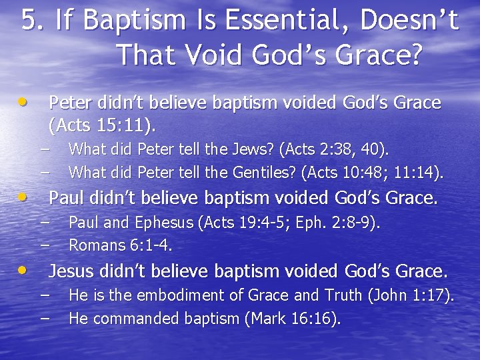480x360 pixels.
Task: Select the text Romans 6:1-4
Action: coord(121,245)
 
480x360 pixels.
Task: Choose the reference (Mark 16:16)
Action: coord(293,319)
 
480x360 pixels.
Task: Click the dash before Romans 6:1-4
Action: coord(45,245)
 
